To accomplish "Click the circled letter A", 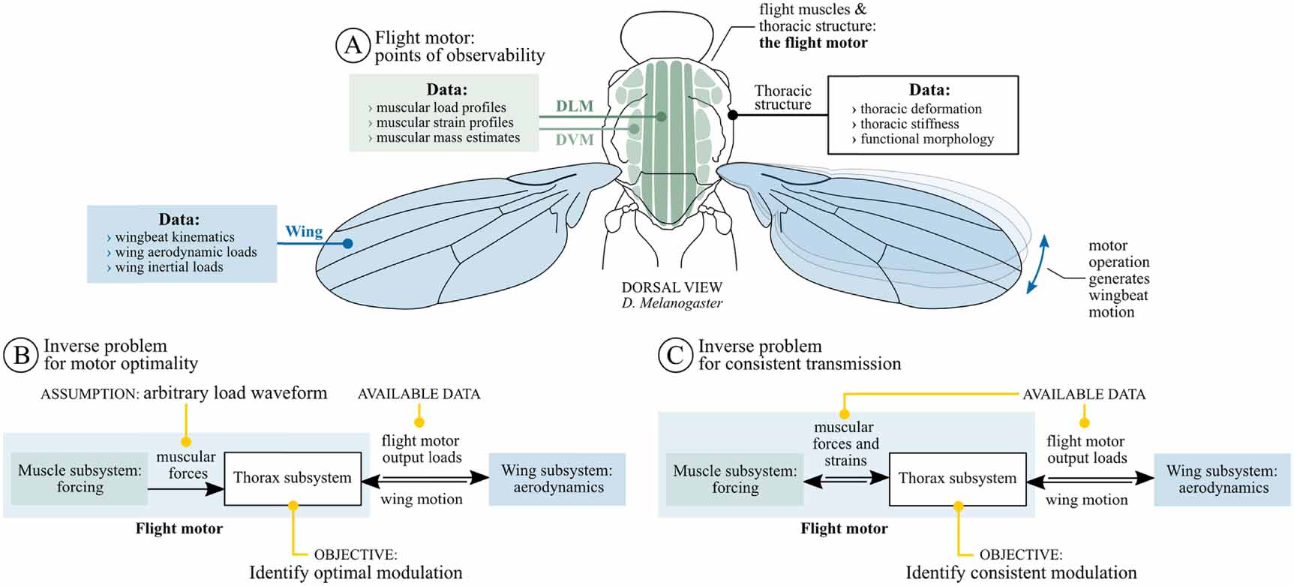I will tap(353, 46).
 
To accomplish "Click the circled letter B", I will tap(21, 355).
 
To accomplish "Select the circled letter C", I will tap(675, 355).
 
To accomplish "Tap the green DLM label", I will tap(575, 107).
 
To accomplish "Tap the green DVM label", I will tap(575, 140).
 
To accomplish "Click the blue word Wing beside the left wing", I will tap(304, 232).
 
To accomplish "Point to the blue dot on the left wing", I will tap(347, 243).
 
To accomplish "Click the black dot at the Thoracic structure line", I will tap(733, 115).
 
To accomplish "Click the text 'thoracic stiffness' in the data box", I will tap(909, 124).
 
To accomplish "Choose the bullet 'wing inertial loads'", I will tap(169, 267).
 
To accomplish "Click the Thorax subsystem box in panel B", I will tap(292, 478).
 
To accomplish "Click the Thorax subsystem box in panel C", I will tap(957, 479).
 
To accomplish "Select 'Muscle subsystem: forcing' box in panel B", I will tap(80, 479).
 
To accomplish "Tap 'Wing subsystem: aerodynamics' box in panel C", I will tap(1222, 479).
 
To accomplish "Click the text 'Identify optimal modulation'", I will tap(356, 572).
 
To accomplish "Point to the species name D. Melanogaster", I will tap(671, 303).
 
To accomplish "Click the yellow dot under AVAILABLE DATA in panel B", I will tap(419, 422).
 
